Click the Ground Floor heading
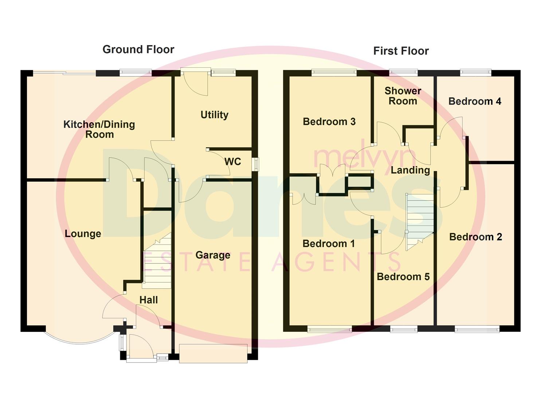[138, 49]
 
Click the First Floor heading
[401, 51]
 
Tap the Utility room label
[215, 115]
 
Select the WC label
[232, 162]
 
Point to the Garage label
[213, 255]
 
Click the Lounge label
[83, 234]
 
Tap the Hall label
[149, 300]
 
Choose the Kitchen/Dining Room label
[99, 129]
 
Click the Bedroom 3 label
[329, 122]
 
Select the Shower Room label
[403, 96]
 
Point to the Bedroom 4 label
[475, 101]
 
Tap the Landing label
[410, 170]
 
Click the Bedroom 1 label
[329, 244]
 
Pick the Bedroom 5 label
[403, 277]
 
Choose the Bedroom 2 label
[476, 237]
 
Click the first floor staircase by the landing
[420, 222]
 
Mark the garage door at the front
[213, 353]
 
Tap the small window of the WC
[255, 164]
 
